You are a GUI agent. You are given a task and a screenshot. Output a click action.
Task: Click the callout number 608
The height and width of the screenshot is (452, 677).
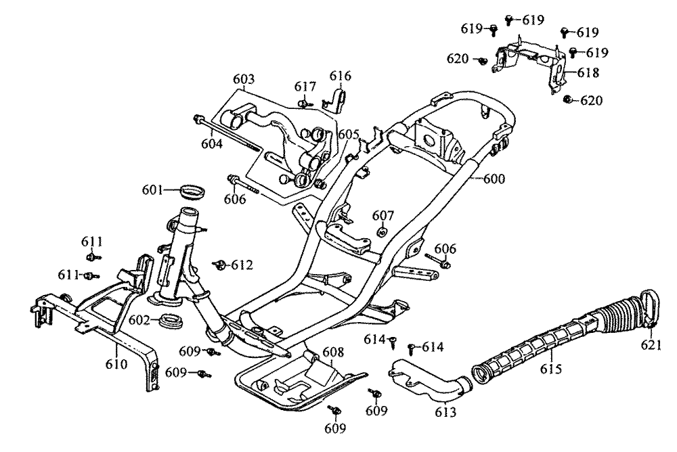[333, 353]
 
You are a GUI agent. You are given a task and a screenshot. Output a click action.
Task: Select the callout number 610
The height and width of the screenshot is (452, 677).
[116, 364]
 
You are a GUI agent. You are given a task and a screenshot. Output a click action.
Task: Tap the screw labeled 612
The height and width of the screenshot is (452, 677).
[219, 265]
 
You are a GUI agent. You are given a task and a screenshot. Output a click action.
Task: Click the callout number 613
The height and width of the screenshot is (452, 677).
[445, 412]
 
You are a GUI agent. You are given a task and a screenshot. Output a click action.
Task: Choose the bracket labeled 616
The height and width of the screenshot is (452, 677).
[338, 97]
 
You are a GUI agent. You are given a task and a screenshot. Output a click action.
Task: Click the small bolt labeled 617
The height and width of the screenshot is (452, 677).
[304, 103]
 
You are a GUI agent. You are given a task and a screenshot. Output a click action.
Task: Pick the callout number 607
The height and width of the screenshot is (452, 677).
[383, 215]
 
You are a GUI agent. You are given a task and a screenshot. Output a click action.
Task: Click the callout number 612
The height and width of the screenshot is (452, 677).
[242, 265]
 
